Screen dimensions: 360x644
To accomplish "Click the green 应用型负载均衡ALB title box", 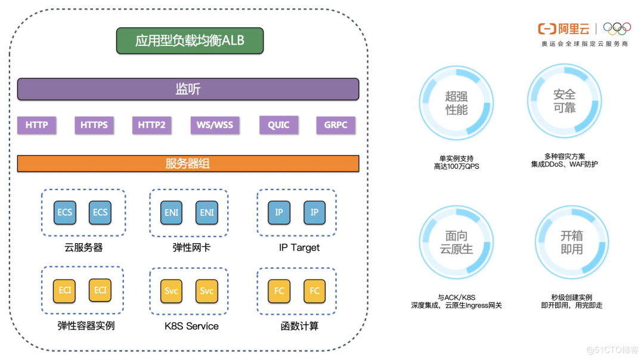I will [190, 41].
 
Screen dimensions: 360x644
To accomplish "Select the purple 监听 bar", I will [188, 89].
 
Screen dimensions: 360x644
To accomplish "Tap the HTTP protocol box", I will [36, 125].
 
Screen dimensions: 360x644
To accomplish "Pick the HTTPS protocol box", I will [94, 125].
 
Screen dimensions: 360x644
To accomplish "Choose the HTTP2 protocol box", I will [151, 125].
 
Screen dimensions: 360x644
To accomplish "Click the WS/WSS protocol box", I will [215, 125].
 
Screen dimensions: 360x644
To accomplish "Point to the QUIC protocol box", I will [278, 125].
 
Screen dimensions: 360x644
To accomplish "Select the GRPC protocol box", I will [336, 125].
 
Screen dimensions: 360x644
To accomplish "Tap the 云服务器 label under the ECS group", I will [83, 247].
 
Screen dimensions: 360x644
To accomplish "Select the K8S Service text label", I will [191, 326].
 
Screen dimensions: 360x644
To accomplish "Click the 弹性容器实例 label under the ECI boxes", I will [86, 326].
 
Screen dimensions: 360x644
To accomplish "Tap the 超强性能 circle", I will [456, 103].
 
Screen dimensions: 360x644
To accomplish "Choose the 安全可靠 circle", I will [564, 100].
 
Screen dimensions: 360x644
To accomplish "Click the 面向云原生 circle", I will [456, 243].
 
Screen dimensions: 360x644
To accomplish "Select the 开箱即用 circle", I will [571, 243].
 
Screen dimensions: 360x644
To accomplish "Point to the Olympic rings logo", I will [617, 29].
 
